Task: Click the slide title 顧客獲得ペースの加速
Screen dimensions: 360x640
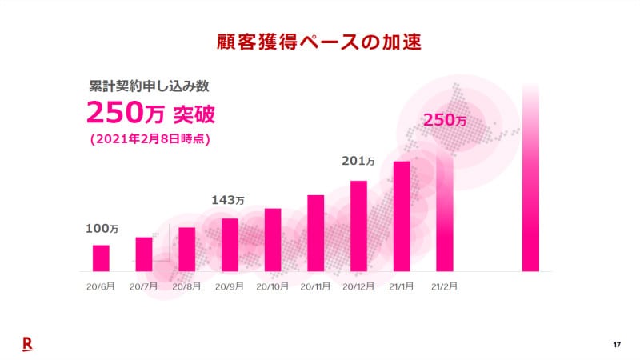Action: pos(319,40)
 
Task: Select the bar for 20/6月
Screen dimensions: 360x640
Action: pos(101,258)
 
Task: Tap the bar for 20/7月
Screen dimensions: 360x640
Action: pos(144,254)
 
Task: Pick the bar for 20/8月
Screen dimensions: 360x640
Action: pos(187,249)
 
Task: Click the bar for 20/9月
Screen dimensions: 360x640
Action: pos(230,244)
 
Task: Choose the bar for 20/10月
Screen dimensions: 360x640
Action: pos(273,239)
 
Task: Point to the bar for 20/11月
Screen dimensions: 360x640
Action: pos(316,233)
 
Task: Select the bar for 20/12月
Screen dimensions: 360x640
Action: pos(358,226)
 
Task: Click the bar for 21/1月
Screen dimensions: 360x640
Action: pos(402,216)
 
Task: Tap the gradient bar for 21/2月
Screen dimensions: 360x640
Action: pos(445,212)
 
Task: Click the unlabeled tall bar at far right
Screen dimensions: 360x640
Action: pos(530,178)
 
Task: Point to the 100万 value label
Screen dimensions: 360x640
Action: pos(102,230)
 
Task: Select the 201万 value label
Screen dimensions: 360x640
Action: pos(358,162)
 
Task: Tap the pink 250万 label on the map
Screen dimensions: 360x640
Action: pos(444,120)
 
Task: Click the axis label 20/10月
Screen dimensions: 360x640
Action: pos(273,286)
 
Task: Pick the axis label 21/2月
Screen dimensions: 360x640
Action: pos(444,286)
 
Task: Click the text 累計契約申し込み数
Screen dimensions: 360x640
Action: pos(149,85)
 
